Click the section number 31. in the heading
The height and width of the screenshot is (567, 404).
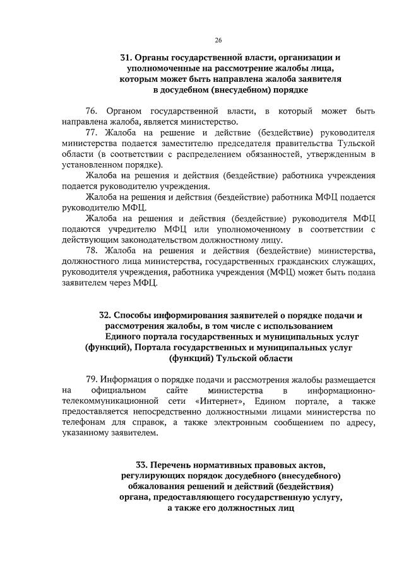(x=126, y=57)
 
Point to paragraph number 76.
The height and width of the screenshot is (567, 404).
(x=92, y=112)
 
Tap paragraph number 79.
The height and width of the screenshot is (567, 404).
(x=92, y=379)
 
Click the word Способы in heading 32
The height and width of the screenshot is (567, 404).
(x=134, y=314)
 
